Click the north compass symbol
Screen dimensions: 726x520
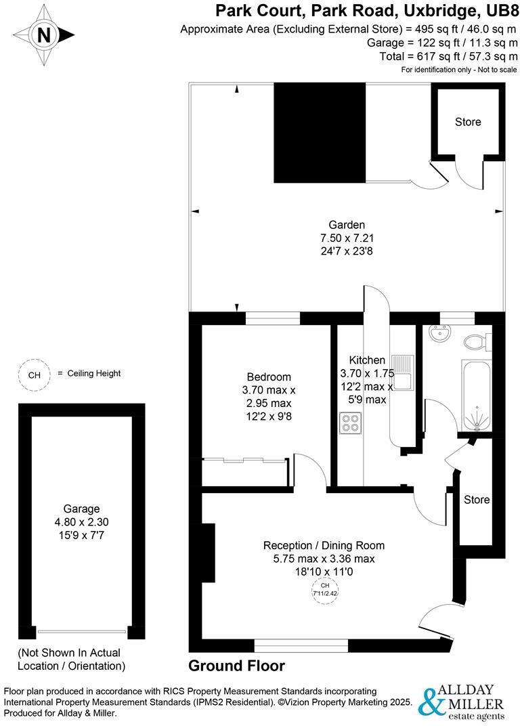[x=44, y=35]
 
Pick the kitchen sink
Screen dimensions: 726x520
[x=404, y=373]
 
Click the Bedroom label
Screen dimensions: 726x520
[x=269, y=377]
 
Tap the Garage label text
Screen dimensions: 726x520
[x=81, y=509]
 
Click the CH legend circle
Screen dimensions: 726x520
[x=33, y=375]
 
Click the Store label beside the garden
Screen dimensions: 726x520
[x=468, y=122]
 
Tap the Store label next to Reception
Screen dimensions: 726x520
[x=477, y=500]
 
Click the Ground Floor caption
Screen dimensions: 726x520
[x=236, y=666]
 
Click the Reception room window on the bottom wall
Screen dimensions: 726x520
[x=301, y=644]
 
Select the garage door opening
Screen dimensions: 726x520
[x=81, y=632]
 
